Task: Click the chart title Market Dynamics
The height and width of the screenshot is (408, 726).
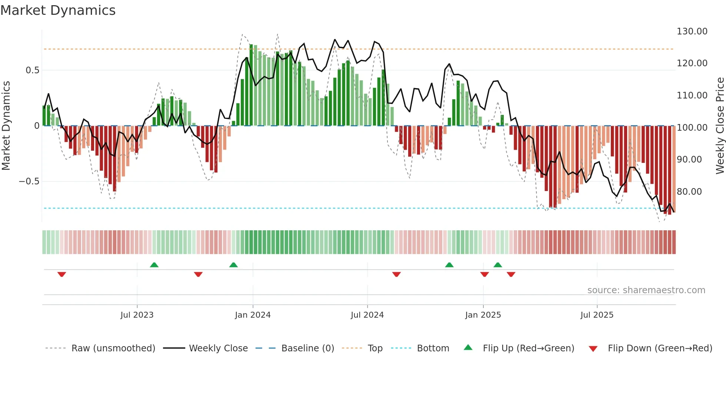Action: pyautogui.click(x=58, y=10)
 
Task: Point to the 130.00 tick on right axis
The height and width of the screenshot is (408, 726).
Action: pyautogui.click(x=692, y=31)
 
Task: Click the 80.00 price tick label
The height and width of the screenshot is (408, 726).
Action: pyautogui.click(x=689, y=192)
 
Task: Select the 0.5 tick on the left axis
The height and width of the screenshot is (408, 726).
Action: pyautogui.click(x=32, y=70)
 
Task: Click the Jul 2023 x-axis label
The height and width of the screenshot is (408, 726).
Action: pyautogui.click(x=137, y=315)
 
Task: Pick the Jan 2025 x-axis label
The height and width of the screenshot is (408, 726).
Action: pyautogui.click(x=483, y=315)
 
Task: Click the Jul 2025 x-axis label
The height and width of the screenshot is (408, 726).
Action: pyautogui.click(x=596, y=315)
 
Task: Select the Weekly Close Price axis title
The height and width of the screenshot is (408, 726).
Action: pyautogui.click(x=719, y=126)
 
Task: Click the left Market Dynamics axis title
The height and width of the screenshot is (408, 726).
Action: pyautogui.click(x=6, y=126)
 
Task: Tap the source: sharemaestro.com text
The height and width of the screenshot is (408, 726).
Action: pyautogui.click(x=646, y=290)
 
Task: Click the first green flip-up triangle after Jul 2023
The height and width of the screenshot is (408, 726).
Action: pyautogui.click(x=154, y=265)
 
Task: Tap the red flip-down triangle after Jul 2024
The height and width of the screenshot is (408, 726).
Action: pyautogui.click(x=396, y=274)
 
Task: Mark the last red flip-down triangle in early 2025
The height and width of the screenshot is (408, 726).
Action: pyautogui.click(x=511, y=274)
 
